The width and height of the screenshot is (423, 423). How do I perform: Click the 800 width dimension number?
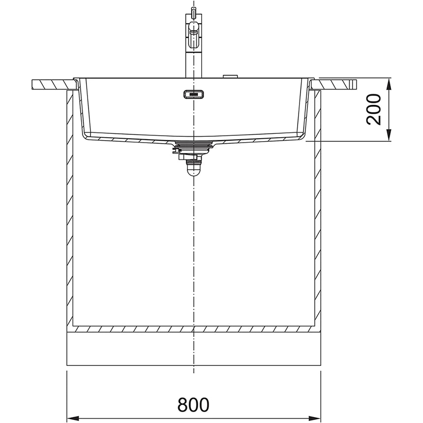(x=193, y=404)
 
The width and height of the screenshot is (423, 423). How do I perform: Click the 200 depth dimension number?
(x=374, y=109)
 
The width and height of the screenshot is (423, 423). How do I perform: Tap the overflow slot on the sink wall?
(x=194, y=94)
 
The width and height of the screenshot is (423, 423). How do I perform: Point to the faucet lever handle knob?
(x=194, y=27)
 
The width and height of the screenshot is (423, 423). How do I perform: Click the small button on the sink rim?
(x=230, y=76)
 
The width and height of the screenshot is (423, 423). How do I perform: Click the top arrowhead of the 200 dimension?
(x=389, y=84)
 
